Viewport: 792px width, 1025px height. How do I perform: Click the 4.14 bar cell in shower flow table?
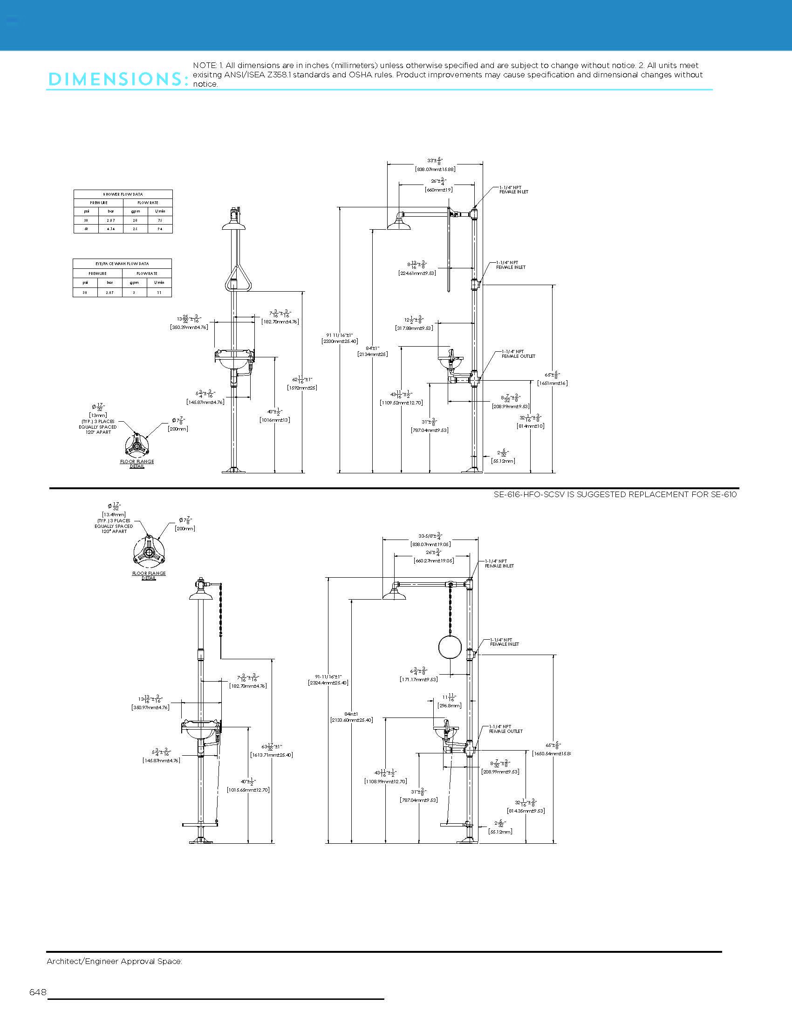[x=111, y=229]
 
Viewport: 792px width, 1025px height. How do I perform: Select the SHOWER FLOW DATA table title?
[x=123, y=194]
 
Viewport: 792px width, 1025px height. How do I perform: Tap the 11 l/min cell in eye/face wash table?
[x=159, y=293]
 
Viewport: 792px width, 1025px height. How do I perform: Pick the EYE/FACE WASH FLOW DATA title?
[x=122, y=264]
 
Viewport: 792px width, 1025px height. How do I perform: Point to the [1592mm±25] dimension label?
[x=302, y=388]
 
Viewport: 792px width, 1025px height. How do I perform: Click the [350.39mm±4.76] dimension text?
[x=189, y=327]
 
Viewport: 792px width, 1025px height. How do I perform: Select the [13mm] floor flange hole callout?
[x=98, y=415]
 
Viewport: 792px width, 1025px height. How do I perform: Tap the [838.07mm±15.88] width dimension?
[x=435, y=169]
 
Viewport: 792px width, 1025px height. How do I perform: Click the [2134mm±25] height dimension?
[x=373, y=355]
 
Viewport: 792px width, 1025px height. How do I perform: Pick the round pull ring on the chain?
[x=450, y=647]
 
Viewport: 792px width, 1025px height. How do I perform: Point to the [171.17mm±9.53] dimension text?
[x=418, y=679]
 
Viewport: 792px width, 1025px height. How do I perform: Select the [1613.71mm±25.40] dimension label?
[x=272, y=755]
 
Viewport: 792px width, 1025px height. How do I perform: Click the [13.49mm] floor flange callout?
[x=114, y=515]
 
